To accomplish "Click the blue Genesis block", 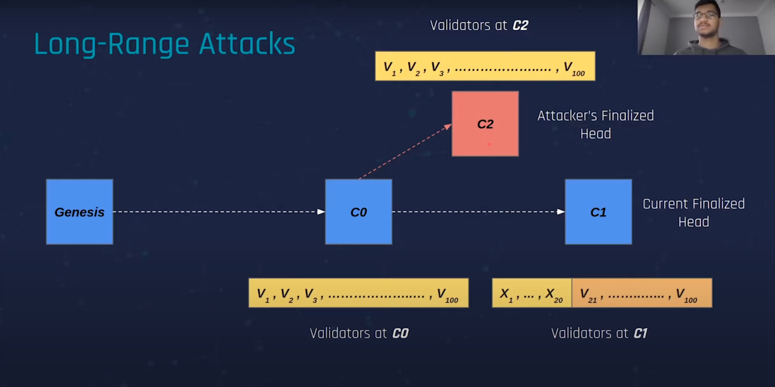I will coord(79,212).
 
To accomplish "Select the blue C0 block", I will coord(358,212).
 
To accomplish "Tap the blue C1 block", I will coord(598,212).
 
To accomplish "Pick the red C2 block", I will coord(485,124).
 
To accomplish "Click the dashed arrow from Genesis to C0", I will coord(218,212).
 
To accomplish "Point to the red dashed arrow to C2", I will coord(404,152).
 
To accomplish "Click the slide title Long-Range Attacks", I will coord(164,44).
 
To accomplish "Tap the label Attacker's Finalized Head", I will coord(595,124).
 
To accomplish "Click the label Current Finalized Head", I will coord(693,213).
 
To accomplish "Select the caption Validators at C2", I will coord(479,25).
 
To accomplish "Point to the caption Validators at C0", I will coord(359,333).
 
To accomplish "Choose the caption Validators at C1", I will coord(599,333).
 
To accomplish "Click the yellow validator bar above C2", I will coord(485,66).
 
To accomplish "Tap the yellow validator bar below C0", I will coord(358,293).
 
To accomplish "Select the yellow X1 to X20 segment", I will coord(532,293).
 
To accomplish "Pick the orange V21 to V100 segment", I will coord(642,293).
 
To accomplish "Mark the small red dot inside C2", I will coord(489,144).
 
